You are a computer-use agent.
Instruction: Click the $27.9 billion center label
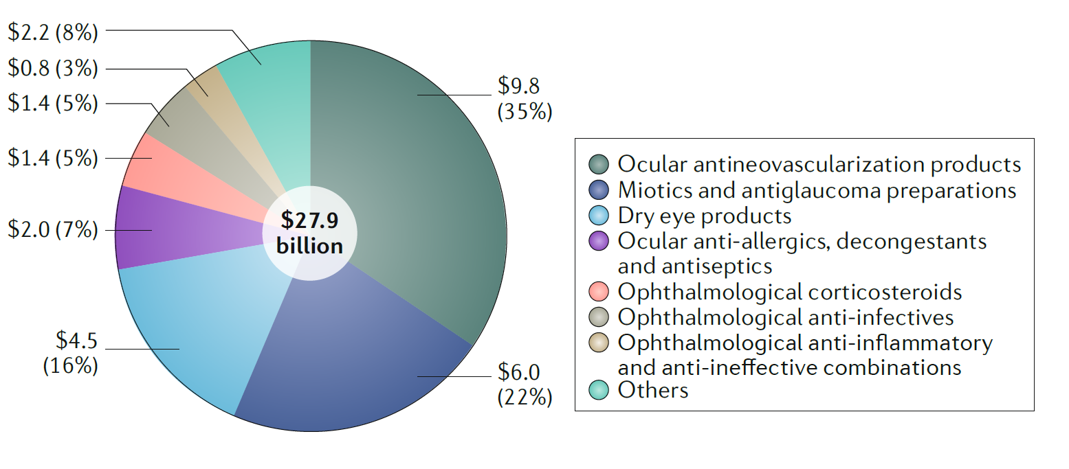310,233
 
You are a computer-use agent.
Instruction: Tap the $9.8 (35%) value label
525,98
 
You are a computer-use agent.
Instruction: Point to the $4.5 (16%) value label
70,353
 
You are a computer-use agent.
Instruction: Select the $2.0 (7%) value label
52,229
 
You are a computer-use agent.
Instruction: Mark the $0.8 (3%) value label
52,68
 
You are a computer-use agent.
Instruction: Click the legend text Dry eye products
705,216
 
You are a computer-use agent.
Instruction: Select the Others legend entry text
652,390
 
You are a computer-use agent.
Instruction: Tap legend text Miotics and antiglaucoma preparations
817,190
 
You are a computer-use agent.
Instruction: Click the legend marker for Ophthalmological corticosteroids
599,292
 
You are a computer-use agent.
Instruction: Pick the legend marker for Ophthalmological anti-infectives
599,317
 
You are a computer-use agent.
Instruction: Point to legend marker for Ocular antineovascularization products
599,165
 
